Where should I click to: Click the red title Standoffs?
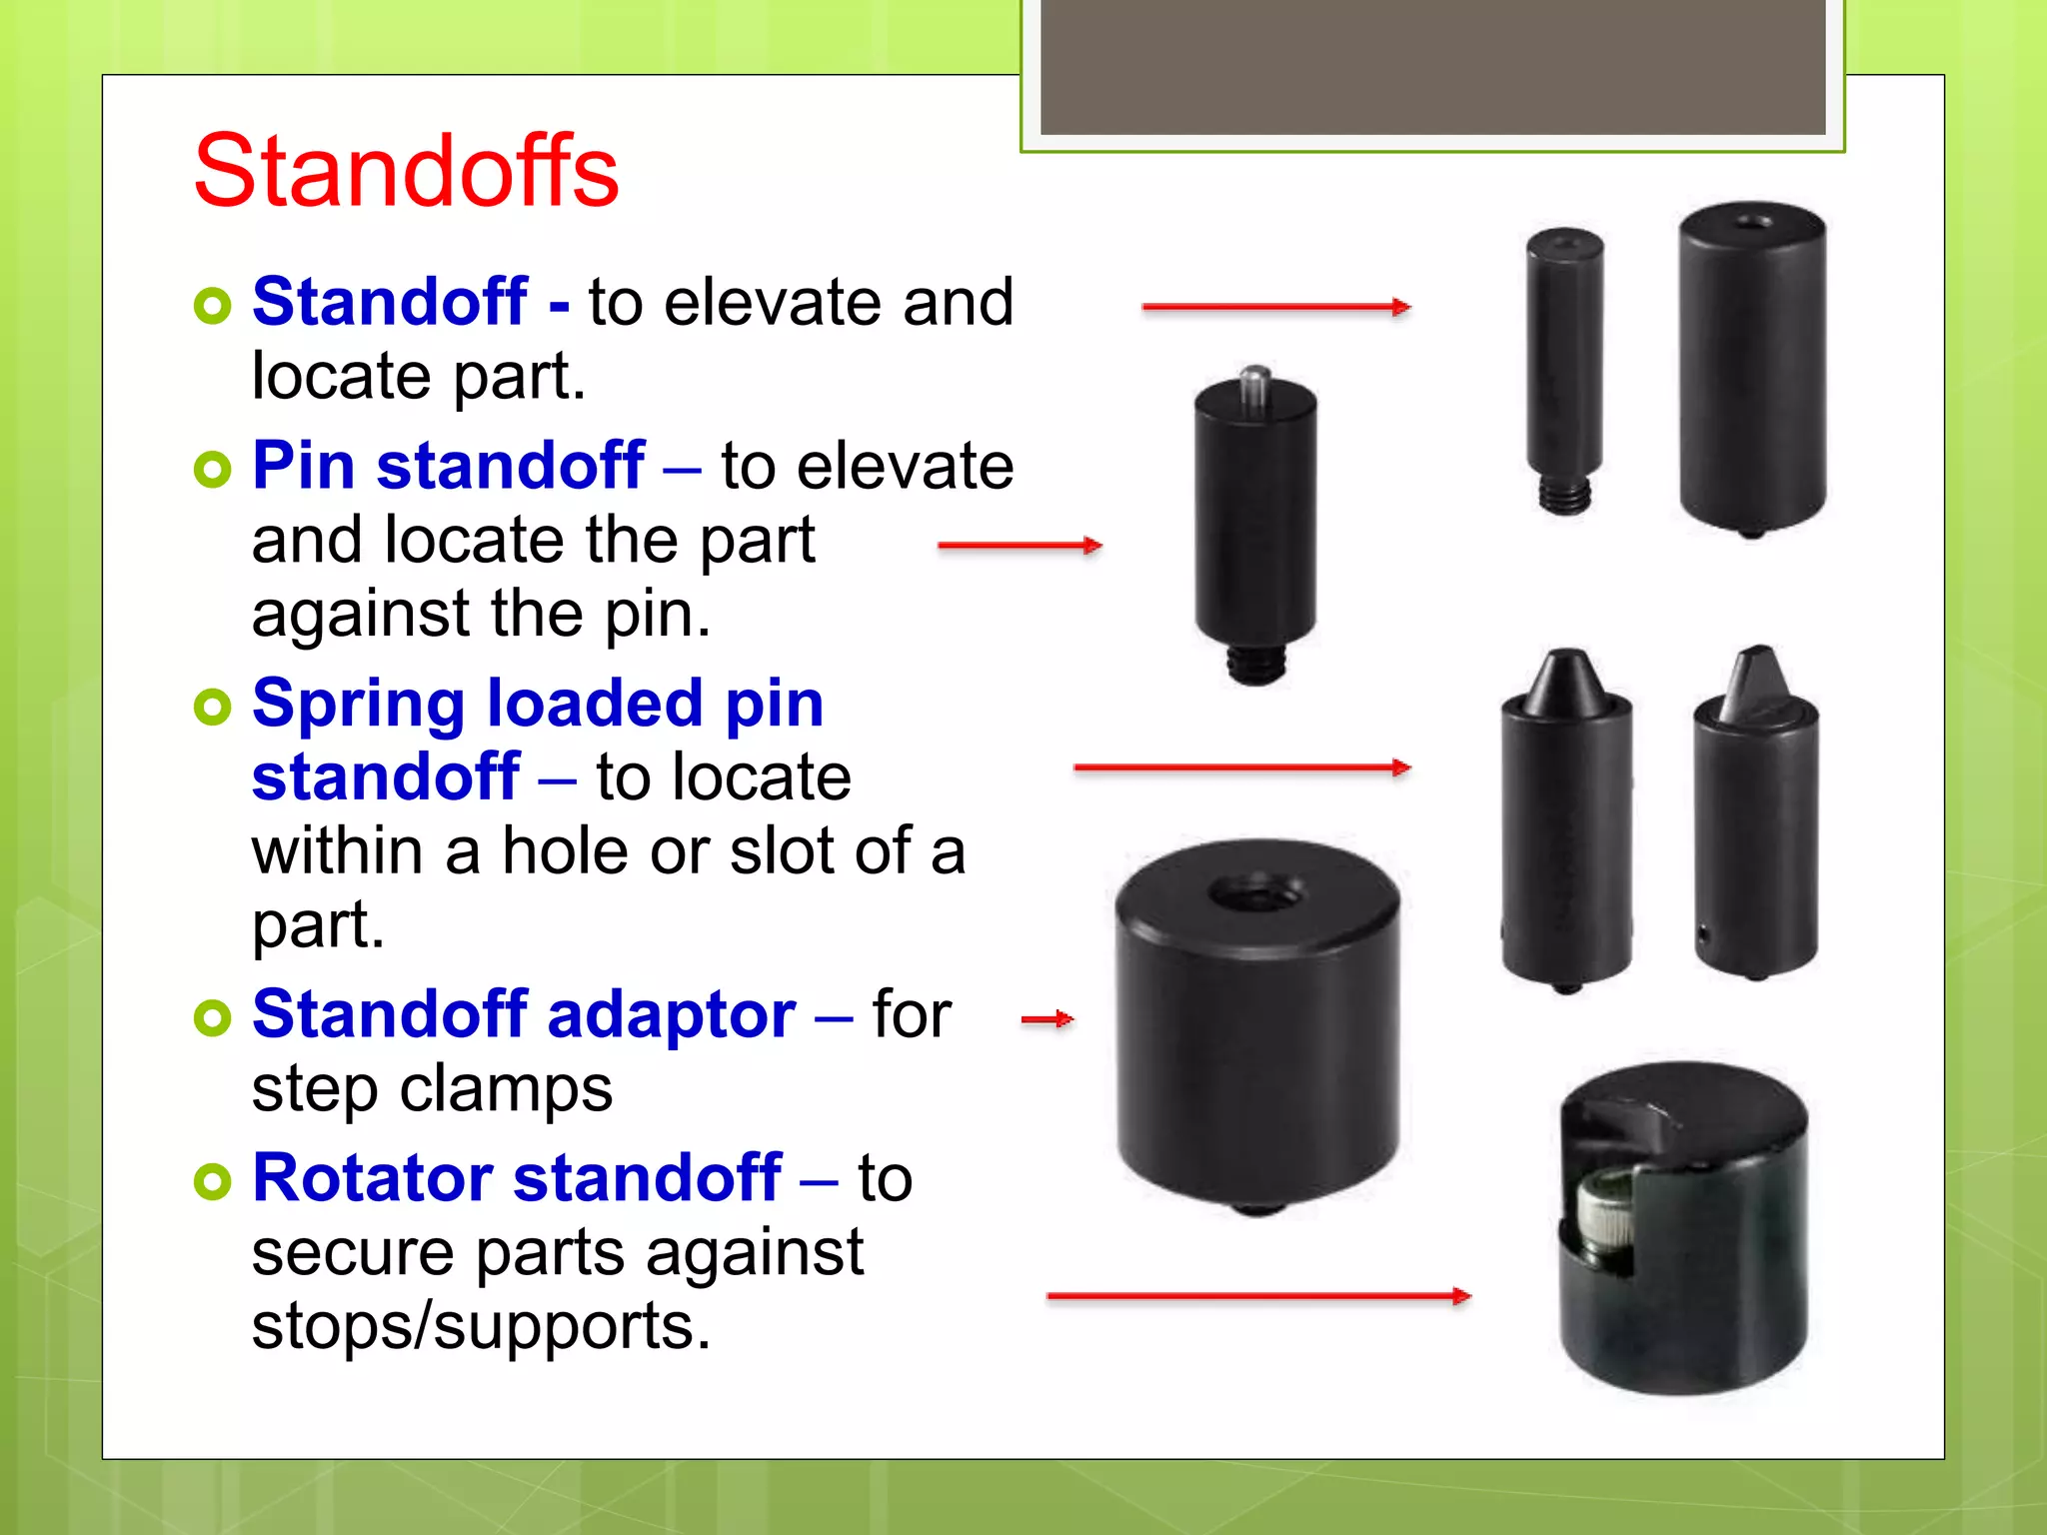pos(406,172)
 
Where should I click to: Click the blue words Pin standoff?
pos(448,466)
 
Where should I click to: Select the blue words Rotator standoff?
pos(516,1178)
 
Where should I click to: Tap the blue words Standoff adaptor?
pos(524,1014)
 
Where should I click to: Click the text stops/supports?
pos(481,1326)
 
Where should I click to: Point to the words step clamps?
pos(432,1088)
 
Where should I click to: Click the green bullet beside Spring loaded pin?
pos(213,708)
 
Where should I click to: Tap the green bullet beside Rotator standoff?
pos(213,1181)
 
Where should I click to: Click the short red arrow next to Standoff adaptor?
pos(1046,1019)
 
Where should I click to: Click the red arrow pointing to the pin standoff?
pos(1020,546)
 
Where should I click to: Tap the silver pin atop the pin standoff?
pos(1254,385)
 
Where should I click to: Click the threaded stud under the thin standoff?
pos(1564,495)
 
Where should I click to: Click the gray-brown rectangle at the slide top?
pos(1432,66)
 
